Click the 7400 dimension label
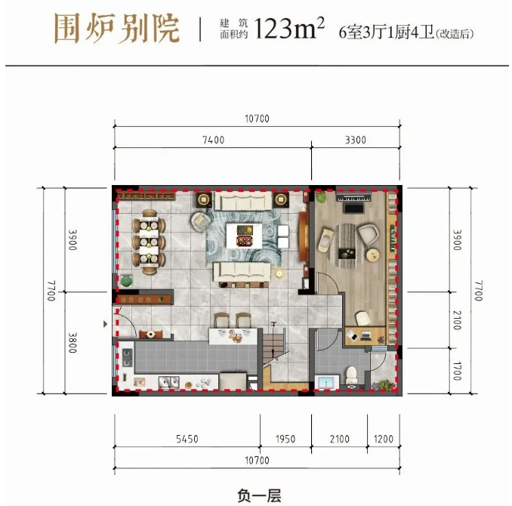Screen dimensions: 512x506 pyautogui.click(x=213, y=140)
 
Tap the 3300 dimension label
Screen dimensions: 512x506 pyautogui.click(x=355, y=140)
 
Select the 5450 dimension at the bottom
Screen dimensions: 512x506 pyautogui.click(x=187, y=439)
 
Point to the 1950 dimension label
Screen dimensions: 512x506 pyautogui.click(x=285, y=439)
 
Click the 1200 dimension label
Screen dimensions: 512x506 pyautogui.click(x=384, y=439)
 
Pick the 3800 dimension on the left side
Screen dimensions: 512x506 pyautogui.click(x=72, y=343)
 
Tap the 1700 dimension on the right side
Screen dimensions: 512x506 pyautogui.click(x=457, y=371)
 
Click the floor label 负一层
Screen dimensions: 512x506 pyautogui.click(x=259, y=495)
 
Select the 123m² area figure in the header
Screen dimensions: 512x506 pyautogui.click(x=288, y=28)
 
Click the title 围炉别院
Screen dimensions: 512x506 pyautogui.click(x=117, y=29)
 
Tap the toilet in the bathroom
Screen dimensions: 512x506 pyautogui.click(x=351, y=375)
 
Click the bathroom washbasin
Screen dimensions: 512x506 pyautogui.click(x=326, y=382)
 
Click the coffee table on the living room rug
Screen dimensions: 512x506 pyautogui.click(x=244, y=236)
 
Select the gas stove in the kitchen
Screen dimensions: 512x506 pyautogui.click(x=127, y=357)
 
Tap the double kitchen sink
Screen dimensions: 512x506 pyautogui.click(x=169, y=381)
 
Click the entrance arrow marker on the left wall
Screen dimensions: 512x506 pyautogui.click(x=105, y=324)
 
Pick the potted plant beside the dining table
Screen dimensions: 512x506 pyautogui.click(x=126, y=281)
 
